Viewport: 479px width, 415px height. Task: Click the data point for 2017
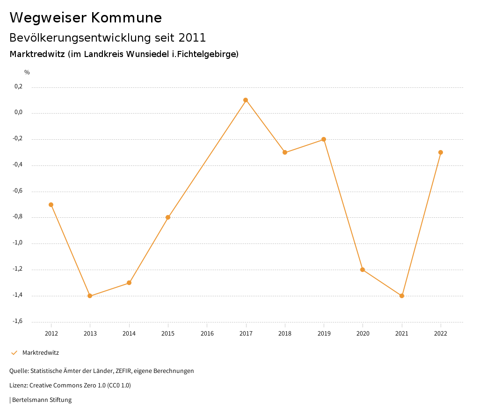pos(246,100)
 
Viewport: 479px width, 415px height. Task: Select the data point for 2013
pos(90,296)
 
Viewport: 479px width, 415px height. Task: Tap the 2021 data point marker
pos(402,296)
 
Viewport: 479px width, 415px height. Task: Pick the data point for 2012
pos(51,205)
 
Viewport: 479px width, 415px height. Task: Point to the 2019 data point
pos(324,139)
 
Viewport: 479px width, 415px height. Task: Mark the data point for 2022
pos(441,152)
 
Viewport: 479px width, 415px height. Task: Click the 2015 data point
pos(168,217)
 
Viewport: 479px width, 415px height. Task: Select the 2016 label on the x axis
pos(207,334)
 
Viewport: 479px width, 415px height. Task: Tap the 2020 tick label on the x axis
pos(363,334)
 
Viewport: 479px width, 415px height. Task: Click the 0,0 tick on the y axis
pos(18,113)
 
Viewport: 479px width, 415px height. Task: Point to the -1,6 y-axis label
pos(17,321)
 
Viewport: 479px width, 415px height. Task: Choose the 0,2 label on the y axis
pos(18,86)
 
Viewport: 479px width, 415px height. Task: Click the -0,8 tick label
pos(17,217)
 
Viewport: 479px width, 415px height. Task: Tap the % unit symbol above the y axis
pos(27,72)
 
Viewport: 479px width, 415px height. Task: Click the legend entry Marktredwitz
pos(40,353)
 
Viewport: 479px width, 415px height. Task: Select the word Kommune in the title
pos(126,18)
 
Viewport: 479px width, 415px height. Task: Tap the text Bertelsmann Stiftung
pos(42,400)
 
